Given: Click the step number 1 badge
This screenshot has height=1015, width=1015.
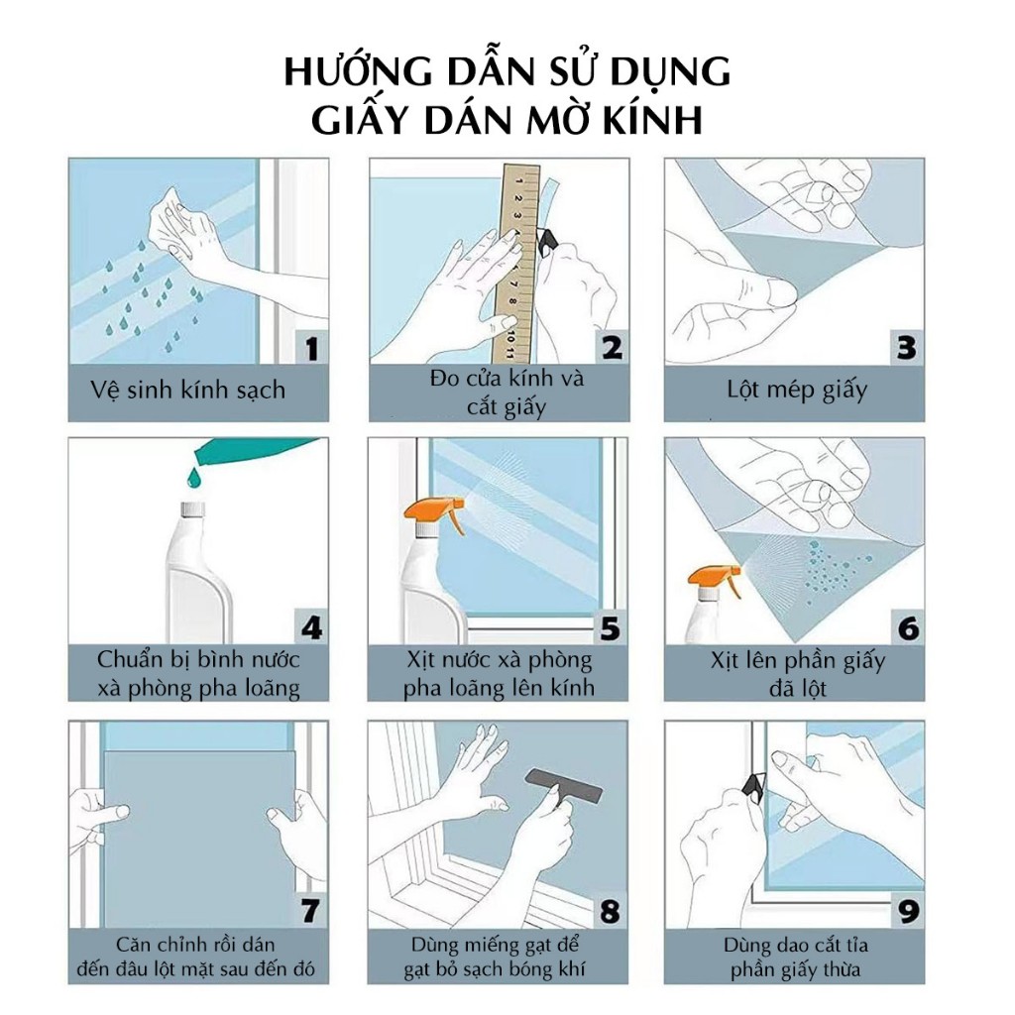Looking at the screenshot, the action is [311, 348].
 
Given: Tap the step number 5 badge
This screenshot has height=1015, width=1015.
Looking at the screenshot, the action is [611, 627].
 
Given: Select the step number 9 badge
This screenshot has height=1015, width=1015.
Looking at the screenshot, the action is [908, 912].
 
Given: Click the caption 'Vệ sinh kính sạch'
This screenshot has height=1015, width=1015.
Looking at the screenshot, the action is [187, 391].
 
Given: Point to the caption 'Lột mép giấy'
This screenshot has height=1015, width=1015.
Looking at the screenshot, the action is [796, 391].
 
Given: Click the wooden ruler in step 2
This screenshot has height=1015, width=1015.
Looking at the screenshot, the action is [516, 262].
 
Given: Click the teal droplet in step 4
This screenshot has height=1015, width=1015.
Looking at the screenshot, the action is [193, 479].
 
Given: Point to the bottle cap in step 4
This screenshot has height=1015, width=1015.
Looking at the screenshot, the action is [193, 509].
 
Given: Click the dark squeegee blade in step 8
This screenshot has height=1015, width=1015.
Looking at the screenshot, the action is [564, 784].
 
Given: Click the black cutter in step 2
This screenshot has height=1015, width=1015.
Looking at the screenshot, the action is [548, 242].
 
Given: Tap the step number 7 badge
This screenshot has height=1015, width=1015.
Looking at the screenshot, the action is [310, 911].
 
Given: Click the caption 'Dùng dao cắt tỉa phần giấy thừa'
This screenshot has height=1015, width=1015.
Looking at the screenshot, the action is [796, 958].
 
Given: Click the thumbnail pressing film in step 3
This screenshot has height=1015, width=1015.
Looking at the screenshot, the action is [781, 292].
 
